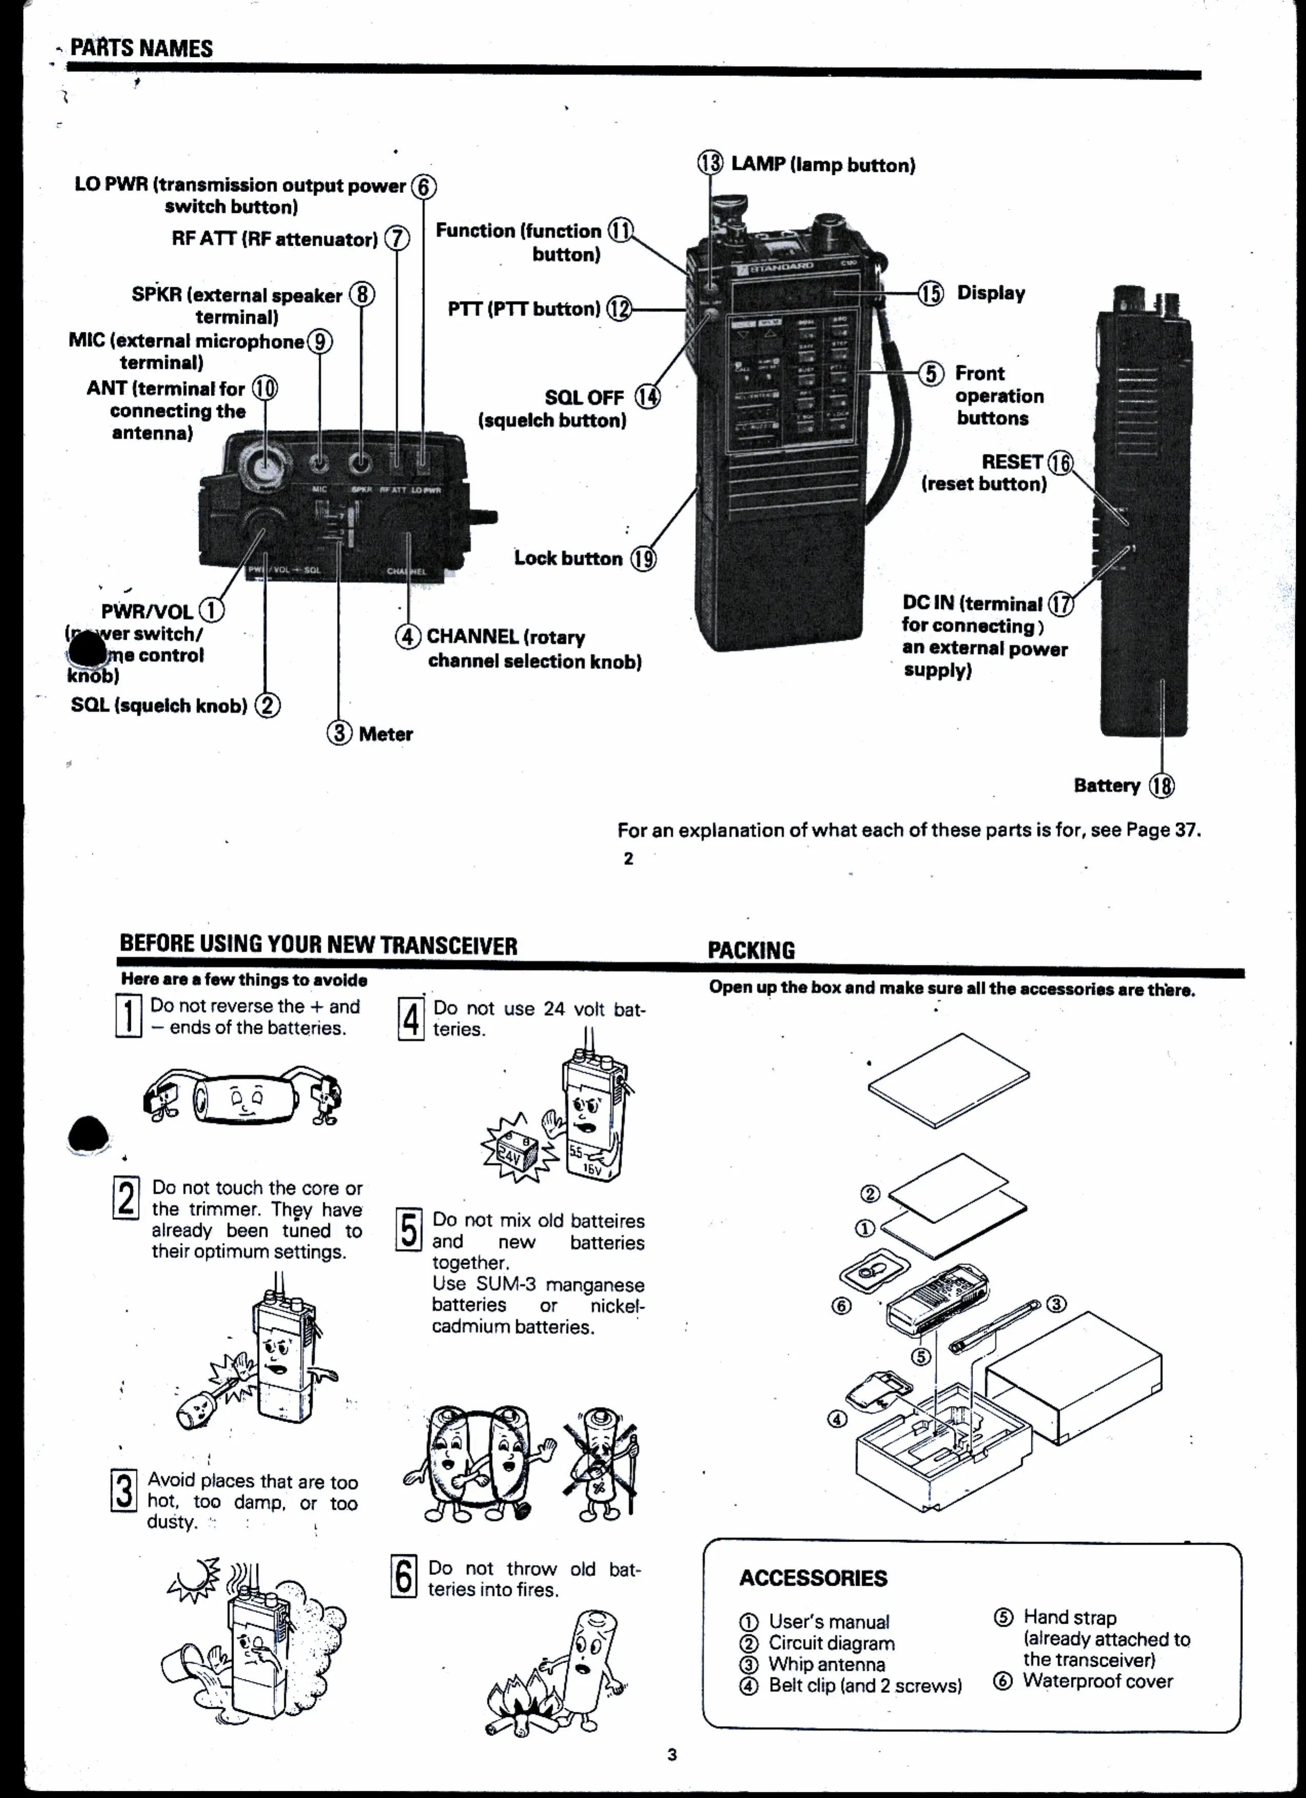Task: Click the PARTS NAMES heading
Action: point(141,48)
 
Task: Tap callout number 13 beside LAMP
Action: point(710,163)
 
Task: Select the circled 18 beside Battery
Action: point(1162,786)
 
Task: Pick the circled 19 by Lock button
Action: point(643,559)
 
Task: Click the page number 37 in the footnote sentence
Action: point(1184,830)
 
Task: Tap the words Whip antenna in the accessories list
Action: point(826,1664)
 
